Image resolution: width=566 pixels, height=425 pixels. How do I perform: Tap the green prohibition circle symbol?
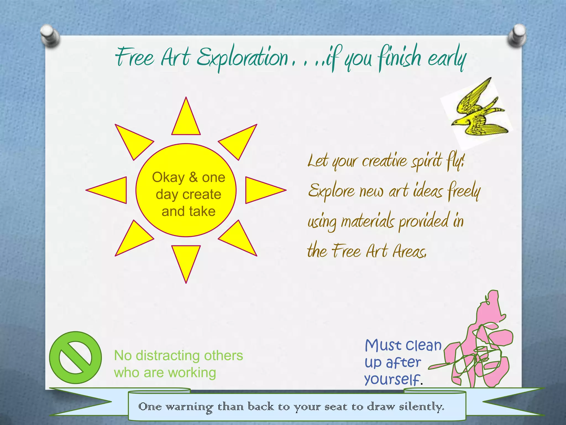coord(75,357)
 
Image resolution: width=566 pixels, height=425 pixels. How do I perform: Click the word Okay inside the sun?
coord(168,177)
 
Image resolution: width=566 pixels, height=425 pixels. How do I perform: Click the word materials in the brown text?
coord(368,221)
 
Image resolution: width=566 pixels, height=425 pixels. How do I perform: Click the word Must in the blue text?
coord(382,346)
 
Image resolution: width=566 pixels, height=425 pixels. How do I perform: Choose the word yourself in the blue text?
coord(392,379)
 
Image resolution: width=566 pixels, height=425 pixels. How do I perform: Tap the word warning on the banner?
coord(189,407)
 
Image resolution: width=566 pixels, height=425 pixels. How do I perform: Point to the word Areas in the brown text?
coord(410,251)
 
